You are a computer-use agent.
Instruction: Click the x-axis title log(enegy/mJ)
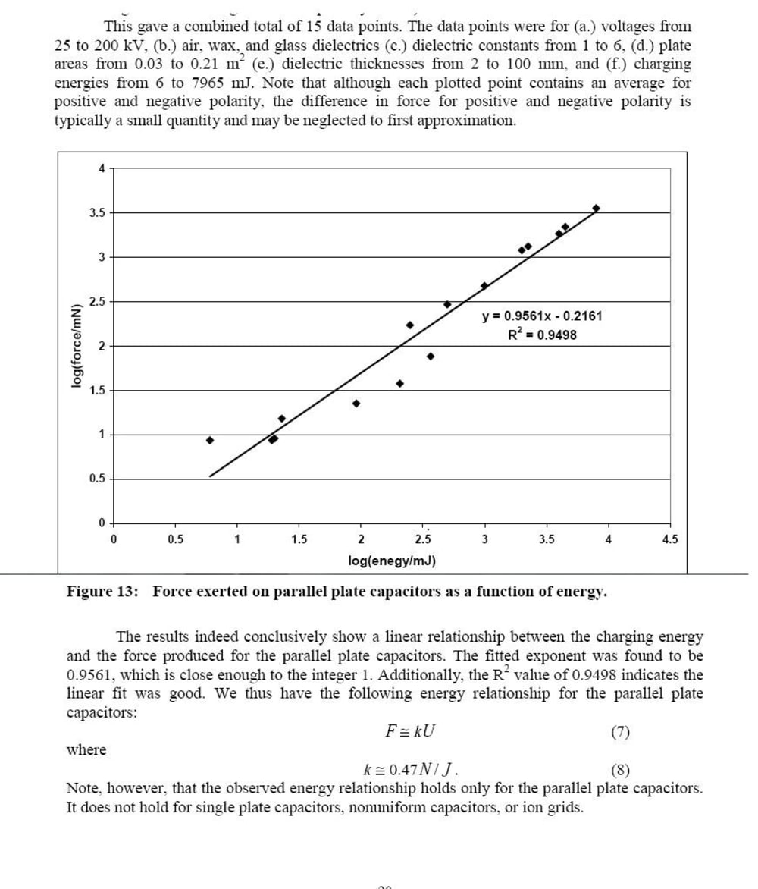(391, 561)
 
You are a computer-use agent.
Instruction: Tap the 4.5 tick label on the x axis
(670, 540)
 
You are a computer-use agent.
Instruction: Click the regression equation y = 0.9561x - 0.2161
(542, 316)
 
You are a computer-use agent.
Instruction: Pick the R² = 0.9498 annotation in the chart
(542, 335)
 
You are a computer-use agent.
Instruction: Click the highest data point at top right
(597, 208)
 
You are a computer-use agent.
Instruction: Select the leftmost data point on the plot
(210, 440)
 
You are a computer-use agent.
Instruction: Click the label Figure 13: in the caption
(103, 592)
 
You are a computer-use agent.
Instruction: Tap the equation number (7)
(620, 732)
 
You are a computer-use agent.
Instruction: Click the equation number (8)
(620, 771)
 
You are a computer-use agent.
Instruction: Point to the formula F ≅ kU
(411, 732)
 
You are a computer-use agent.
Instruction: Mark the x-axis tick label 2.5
(423, 540)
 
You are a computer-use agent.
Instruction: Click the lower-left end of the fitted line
(210, 476)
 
